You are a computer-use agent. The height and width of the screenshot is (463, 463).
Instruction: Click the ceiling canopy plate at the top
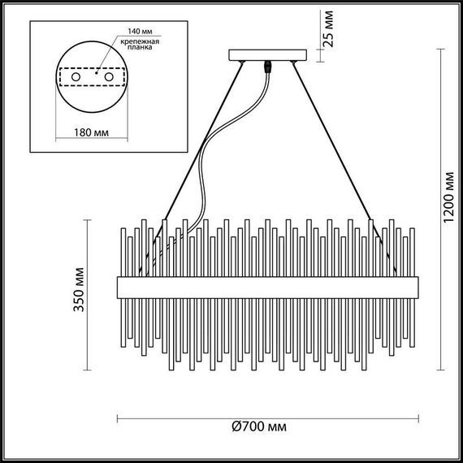[x=269, y=57]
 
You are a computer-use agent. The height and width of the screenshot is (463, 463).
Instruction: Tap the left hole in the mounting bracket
[x=77, y=76]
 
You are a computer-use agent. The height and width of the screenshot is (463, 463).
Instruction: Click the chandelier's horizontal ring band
[x=268, y=285]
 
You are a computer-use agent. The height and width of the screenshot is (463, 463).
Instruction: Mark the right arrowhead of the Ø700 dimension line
[x=415, y=419]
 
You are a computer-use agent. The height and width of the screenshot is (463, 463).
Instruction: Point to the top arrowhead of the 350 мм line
[x=89, y=219]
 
